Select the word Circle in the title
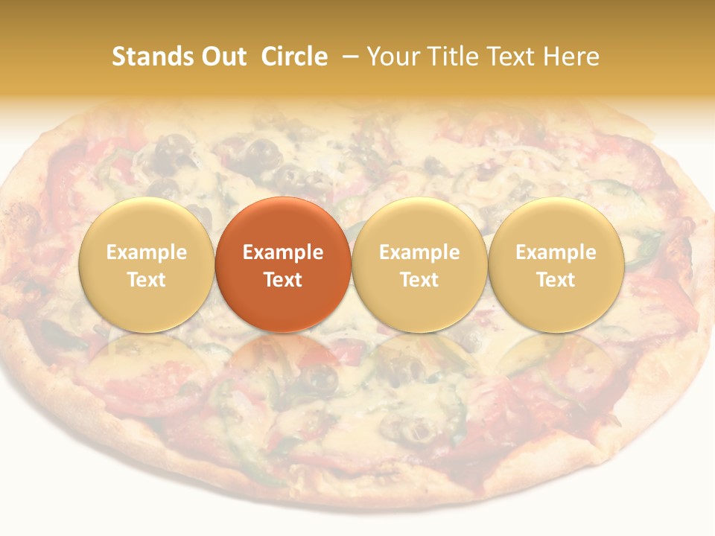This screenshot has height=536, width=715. click(294, 57)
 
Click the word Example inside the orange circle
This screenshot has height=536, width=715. click(283, 252)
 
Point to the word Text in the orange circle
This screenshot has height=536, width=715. click(283, 280)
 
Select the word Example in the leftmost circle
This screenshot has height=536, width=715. click(146, 252)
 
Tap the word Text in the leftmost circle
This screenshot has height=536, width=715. click(146, 280)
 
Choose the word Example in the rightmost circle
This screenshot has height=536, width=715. click(556, 252)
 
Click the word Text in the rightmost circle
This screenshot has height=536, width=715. click(556, 280)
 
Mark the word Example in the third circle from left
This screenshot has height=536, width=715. click(419, 252)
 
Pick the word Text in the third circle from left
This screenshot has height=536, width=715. click(419, 280)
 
